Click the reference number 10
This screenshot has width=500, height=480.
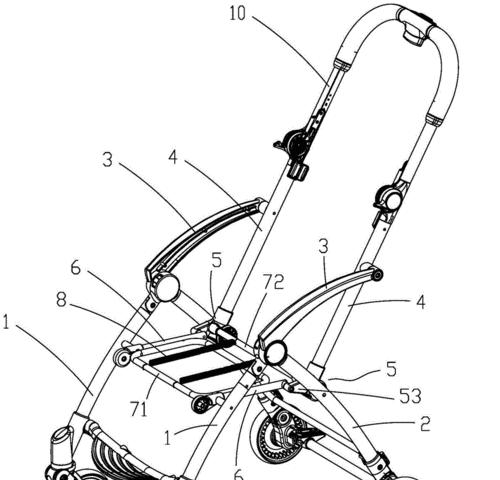pyautogui.click(x=237, y=14)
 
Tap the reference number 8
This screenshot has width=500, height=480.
pyautogui.click(x=61, y=300)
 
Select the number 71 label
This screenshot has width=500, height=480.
pyautogui.click(x=139, y=409)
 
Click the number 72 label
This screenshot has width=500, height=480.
pyautogui.click(x=273, y=282)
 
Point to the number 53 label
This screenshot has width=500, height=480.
pyautogui.click(x=410, y=396)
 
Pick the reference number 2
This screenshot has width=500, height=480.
pyautogui.click(x=425, y=424)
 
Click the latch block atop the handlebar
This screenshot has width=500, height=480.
pyautogui.click(x=415, y=27)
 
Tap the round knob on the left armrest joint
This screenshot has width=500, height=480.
pyautogui.click(x=168, y=287)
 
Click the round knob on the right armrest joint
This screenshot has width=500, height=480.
pyautogui.click(x=276, y=352)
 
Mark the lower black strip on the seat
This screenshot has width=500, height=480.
pyautogui.click(x=216, y=371)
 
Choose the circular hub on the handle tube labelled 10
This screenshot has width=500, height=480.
pyautogui.click(x=296, y=145)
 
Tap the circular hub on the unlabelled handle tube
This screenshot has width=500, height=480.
pyautogui.click(x=391, y=198)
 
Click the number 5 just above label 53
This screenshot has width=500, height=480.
pyautogui.click(x=391, y=369)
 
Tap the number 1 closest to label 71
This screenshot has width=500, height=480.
pyautogui.click(x=168, y=437)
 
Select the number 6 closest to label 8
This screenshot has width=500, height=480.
pyautogui.click(x=76, y=267)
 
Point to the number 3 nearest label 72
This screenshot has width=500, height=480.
pyautogui.click(x=323, y=247)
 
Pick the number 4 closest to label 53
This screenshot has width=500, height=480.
pyautogui.click(x=421, y=302)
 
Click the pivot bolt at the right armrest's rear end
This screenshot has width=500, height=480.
pyautogui.click(x=378, y=275)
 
